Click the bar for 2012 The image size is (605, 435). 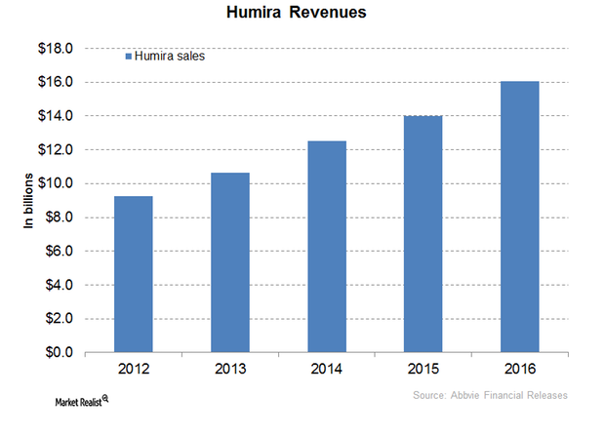[x=133, y=274]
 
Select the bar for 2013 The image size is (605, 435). [x=229, y=262]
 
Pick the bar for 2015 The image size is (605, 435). [x=423, y=234]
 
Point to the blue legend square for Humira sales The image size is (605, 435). [x=127, y=57]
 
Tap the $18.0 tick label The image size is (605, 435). [x=59, y=49]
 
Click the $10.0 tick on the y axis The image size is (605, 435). [x=59, y=183]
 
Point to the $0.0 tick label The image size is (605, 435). [x=61, y=352]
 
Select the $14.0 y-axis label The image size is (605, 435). [x=59, y=116]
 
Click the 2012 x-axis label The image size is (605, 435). [x=133, y=371]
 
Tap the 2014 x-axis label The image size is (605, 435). [x=327, y=371]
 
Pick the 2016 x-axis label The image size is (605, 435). [x=520, y=371]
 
